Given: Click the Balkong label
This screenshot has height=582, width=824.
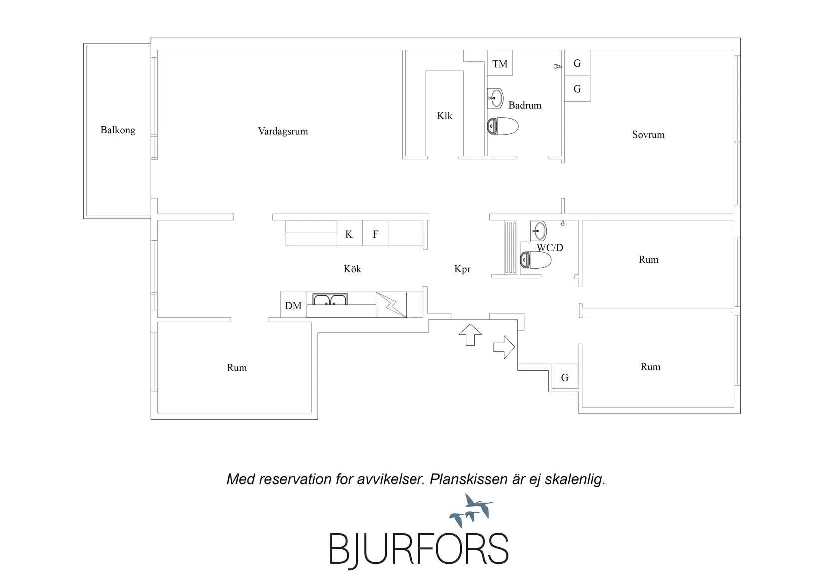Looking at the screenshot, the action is pos(118,130).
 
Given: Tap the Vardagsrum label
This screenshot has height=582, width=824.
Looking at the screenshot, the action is pos(283,131).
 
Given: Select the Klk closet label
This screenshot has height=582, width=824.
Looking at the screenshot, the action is pos(445,116).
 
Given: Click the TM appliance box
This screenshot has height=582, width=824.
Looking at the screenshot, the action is pos(500,63).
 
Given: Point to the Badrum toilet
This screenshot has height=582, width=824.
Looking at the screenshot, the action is pos(503,126).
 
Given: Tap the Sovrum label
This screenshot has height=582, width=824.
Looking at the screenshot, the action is pos(648,135).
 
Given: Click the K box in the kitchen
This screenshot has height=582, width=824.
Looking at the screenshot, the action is pos(349,233).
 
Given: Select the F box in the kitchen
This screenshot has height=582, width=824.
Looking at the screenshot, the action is pos(375,233).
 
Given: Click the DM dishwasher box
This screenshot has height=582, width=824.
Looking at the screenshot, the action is pos(293,305).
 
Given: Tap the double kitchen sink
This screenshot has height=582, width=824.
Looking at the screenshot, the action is pos(330,299).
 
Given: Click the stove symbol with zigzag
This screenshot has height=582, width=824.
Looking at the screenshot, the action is pos(391,305).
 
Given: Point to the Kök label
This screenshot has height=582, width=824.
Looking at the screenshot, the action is pos(352,269).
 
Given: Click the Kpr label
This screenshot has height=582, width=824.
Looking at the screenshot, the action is pos(462,269).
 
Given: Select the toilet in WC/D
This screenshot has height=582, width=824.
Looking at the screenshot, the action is pos(535,260).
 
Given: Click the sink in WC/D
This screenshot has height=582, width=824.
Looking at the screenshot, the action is pos(538,231).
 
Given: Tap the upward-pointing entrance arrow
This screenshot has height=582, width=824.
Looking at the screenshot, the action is pos(470,335).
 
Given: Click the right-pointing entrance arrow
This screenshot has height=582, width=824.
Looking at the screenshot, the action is pos(504,347).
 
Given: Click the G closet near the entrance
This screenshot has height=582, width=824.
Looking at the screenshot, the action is pos(565,376).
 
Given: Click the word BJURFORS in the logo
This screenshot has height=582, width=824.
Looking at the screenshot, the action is pos(419,549).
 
